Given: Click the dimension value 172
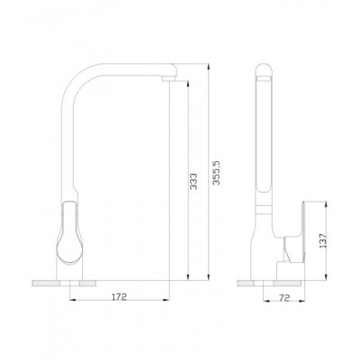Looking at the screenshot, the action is pos(120,297).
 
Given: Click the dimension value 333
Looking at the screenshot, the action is pos(193,181).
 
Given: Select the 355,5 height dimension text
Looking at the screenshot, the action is pos(216,173).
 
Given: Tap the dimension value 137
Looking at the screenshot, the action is pos(323,240).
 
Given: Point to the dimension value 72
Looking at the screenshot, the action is pos(284,298).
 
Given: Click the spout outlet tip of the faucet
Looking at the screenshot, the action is pos(169,78).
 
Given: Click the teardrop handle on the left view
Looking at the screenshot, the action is pos(69,233).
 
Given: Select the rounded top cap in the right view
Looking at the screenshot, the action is pos(265,71).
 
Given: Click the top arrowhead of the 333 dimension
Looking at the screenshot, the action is pos(188,85).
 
